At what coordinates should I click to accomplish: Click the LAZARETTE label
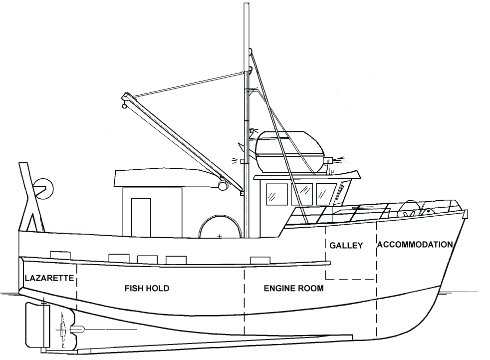pos(49,278)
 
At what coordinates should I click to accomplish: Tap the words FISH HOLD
pos(147,288)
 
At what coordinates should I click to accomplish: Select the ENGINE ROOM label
pos(293,288)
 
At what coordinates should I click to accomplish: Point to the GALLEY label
pos(346,245)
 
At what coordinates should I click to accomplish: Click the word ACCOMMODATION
pos(415,245)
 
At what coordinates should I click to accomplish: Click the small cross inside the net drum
pos(220,235)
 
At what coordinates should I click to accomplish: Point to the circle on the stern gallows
pos(44,187)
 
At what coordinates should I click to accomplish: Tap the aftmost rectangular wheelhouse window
pos(277,194)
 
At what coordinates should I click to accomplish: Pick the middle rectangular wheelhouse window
pos(302,194)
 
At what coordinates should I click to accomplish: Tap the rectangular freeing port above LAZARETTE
pos(60,254)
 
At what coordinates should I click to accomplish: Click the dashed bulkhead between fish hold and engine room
pos(244,300)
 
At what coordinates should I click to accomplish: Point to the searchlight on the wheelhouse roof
pos(329,161)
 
